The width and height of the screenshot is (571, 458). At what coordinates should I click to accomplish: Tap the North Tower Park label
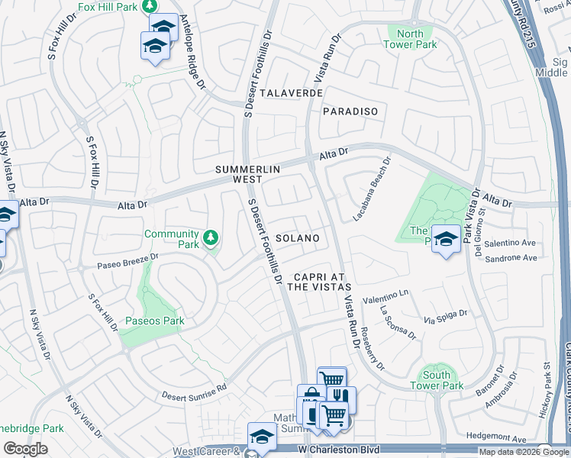click(x=410, y=39)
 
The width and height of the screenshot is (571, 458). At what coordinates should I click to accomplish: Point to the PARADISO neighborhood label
click(x=350, y=111)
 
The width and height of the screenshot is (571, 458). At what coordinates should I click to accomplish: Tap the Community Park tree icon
click(x=211, y=238)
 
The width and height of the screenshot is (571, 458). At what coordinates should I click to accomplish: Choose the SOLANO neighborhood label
click(x=296, y=238)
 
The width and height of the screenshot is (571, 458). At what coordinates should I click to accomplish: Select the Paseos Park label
click(x=155, y=321)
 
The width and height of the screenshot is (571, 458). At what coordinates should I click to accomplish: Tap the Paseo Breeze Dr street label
click(x=127, y=261)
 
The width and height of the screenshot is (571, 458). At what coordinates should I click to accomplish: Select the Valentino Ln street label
click(x=386, y=295)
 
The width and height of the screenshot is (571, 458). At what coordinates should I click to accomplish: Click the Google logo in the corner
click(x=25, y=449)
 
